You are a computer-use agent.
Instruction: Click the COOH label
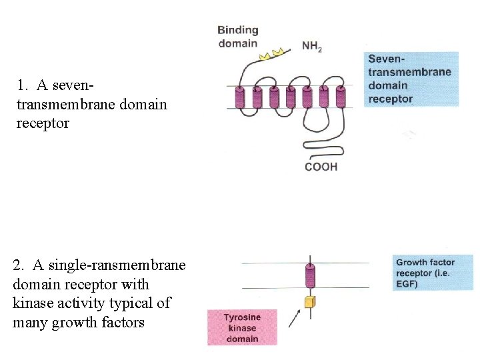pos(321,167)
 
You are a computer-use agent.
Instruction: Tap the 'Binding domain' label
pos(238,37)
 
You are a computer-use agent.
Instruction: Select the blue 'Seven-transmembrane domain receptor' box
pos(411,79)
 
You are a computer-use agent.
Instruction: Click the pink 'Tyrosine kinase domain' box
pos(241,327)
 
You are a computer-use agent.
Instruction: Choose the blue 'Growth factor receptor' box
pos(433,273)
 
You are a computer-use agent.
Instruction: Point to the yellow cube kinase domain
pos(309,303)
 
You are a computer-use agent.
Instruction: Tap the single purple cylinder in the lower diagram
pos(309,275)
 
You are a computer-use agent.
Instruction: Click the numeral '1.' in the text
pos(23,85)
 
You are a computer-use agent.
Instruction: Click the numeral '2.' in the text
pos(19,265)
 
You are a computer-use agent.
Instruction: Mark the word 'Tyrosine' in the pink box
pos(241,317)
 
